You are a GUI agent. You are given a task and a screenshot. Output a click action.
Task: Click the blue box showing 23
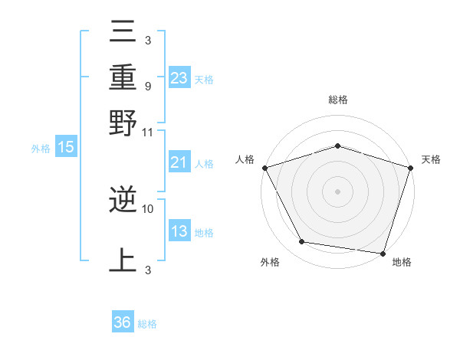pos(179,78)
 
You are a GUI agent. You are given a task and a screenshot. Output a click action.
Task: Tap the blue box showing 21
pos(179,162)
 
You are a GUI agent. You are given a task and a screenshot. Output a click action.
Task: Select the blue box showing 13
pos(179,231)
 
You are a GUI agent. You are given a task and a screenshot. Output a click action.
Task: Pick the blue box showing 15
pos(65,147)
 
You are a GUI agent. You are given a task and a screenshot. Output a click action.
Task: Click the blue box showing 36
pos(122,322)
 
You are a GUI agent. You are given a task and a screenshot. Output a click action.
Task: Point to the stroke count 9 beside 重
pos(147,86)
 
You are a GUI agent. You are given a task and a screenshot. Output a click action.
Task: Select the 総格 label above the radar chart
pos(337,100)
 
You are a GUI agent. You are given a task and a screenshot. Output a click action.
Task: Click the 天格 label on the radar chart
pos(431,159)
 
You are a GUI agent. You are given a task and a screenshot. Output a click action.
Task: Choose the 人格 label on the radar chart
pos(245,159)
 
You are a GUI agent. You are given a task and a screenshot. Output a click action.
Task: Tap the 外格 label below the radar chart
pos(270,262)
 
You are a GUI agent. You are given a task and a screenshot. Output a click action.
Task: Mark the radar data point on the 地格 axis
pos(383,253)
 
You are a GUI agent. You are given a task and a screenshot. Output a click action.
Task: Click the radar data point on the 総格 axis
pos(337,146)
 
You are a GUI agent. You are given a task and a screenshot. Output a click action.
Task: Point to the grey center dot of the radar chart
pos(337,191)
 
